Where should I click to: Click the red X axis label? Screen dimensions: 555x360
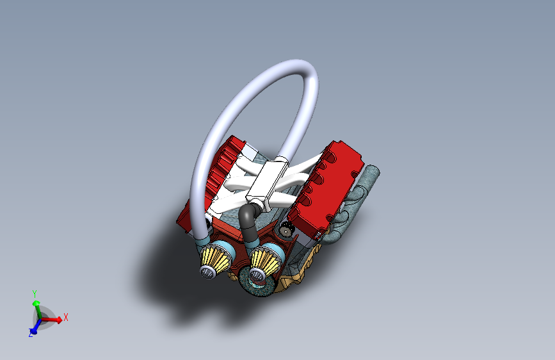coord(65,317)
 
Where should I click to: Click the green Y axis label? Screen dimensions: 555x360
coord(35,294)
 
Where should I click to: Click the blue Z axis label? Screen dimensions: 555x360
coord(31,334)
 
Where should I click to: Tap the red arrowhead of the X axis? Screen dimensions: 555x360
coord(59,320)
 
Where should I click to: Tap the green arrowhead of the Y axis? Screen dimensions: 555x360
coord(36,304)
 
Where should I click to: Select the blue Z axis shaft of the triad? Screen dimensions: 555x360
coord(36,325)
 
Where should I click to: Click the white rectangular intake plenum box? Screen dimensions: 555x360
coord(267,180)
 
